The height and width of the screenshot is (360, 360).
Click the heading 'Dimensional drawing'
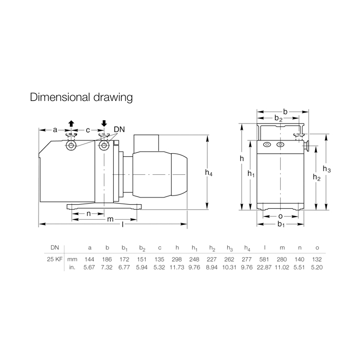pyautogui.click(x=81, y=97)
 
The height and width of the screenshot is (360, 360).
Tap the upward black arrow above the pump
pyautogui.click(x=71, y=123)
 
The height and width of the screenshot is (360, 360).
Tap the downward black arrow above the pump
pyautogui.click(x=104, y=123)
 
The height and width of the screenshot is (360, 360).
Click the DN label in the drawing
pyautogui.click(x=119, y=130)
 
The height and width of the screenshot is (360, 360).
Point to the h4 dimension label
pyautogui.click(x=209, y=172)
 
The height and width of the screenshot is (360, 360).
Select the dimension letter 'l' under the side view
pyautogui.click(x=123, y=224)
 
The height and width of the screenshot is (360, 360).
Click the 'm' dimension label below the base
pyautogui.click(x=111, y=220)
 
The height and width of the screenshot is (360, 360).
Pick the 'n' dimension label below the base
pyautogui.click(x=88, y=214)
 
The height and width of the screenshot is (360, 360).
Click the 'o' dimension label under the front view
pyautogui.click(x=280, y=217)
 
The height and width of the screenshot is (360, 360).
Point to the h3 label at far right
pyautogui.click(x=327, y=169)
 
